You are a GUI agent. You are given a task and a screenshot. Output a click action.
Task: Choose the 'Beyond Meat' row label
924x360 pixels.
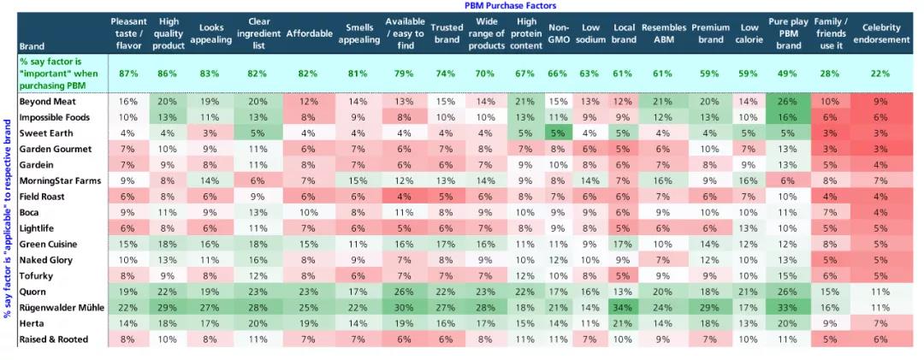pos(47,101)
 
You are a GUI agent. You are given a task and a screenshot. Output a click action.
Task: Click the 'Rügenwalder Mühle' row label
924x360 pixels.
pos(62,307)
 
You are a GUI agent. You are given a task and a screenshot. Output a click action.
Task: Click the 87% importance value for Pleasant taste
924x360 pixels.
pos(128,74)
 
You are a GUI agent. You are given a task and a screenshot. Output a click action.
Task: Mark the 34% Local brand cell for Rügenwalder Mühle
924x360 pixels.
pos(623,307)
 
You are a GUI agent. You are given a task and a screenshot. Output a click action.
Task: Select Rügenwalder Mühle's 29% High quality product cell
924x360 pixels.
pos(169,307)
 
